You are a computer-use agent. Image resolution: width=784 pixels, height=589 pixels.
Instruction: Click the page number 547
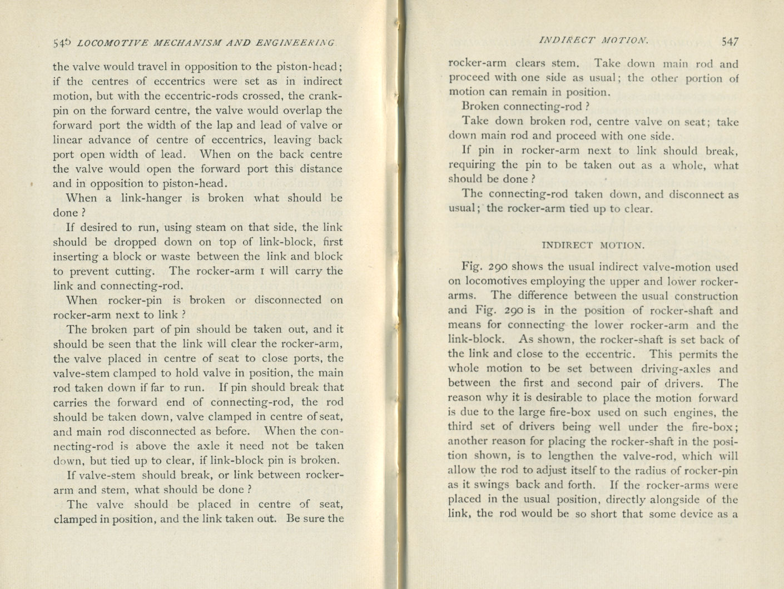pyautogui.click(x=729, y=41)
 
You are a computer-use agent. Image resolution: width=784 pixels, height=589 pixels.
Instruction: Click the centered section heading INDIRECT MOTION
pyautogui.click(x=593, y=244)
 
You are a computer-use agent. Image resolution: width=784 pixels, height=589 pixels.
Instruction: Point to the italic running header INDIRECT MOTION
pyautogui.click(x=593, y=41)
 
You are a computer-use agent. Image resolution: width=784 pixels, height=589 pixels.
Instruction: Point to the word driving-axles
pyautogui.click(x=668, y=368)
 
